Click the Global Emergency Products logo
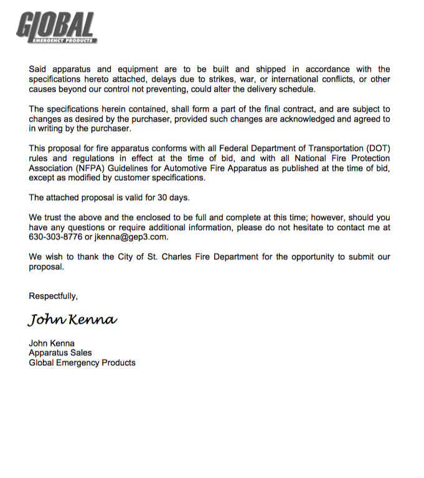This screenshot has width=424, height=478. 56,29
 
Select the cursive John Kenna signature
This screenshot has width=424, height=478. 72,320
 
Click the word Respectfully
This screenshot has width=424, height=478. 53,296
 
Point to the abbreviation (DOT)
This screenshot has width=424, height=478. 377,148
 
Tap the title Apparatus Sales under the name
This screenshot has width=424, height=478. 60,353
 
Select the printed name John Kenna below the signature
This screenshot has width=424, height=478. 52,343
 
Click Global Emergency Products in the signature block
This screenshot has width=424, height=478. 82,363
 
